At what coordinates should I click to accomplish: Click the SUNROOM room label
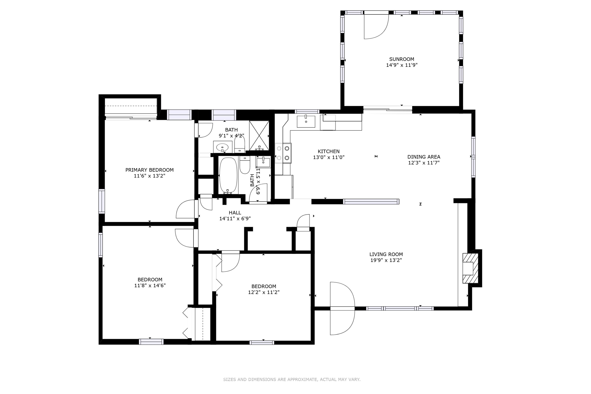pos(402,59)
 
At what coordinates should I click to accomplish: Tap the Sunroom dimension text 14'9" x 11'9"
pos(402,65)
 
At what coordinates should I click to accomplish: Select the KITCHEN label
pos(328,152)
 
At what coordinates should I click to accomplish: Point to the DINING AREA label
pos(424,157)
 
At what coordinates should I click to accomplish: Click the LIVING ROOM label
pos(386,254)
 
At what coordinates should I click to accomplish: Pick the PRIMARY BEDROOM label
pos(149,170)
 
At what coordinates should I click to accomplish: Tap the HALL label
pos(235,213)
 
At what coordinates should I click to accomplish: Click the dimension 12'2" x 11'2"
pos(264,292)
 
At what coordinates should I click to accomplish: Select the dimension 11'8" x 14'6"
pos(150,285)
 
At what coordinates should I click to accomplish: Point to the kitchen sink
pos(306,122)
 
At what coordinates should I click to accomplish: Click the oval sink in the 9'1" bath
pos(222,147)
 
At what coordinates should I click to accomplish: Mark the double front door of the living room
pos(342,308)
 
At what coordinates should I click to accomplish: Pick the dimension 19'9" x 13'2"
pos(386,260)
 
